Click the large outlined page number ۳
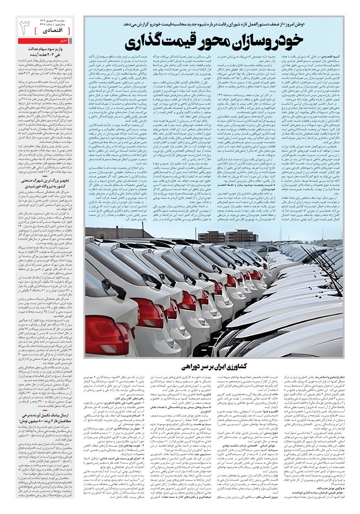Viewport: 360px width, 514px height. pos(25,28)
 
